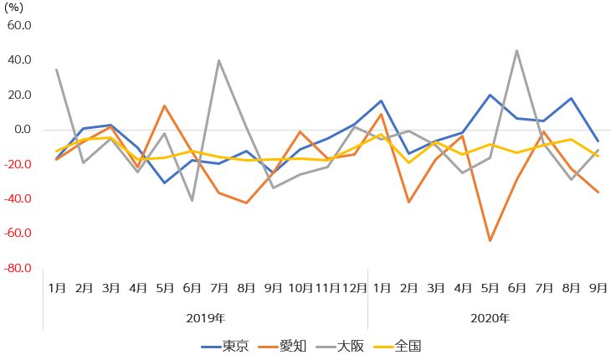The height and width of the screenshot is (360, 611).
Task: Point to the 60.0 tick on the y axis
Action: coord(18,25)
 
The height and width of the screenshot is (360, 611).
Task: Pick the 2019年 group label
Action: coord(205,318)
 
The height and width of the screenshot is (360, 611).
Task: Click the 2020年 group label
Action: coord(490,318)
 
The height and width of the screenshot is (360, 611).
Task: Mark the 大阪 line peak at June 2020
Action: coord(516,50)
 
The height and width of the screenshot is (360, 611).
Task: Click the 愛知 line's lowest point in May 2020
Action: coord(490,241)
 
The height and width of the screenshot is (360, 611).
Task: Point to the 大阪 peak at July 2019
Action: coord(219,60)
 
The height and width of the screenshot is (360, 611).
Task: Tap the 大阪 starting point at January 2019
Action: coord(57,69)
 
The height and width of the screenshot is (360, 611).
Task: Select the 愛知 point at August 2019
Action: coord(246,203)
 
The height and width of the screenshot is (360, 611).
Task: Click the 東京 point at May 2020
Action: coord(490,95)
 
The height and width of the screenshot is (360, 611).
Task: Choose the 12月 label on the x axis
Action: coord(354,288)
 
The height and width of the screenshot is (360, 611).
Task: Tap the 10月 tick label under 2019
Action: coord(300,288)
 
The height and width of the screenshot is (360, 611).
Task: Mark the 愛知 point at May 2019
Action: coord(165,105)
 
